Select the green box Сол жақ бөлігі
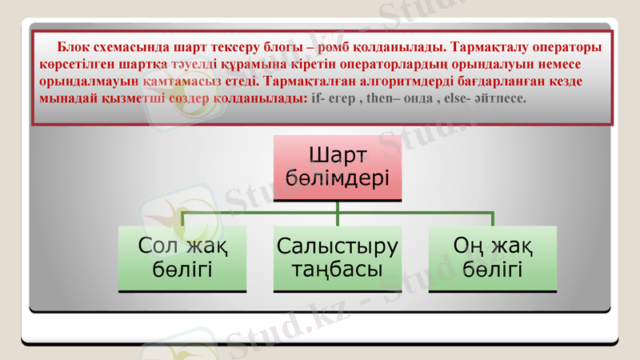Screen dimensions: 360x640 click(x=182, y=258)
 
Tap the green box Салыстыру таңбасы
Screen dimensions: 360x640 click(x=338, y=258)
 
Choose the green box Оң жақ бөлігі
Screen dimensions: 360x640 click(x=493, y=258)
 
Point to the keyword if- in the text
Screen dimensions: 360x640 click(x=318, y=98)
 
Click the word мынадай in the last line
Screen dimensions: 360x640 click(x=66, y=98)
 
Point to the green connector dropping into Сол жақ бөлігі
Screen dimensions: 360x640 click(x=182, y=219)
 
